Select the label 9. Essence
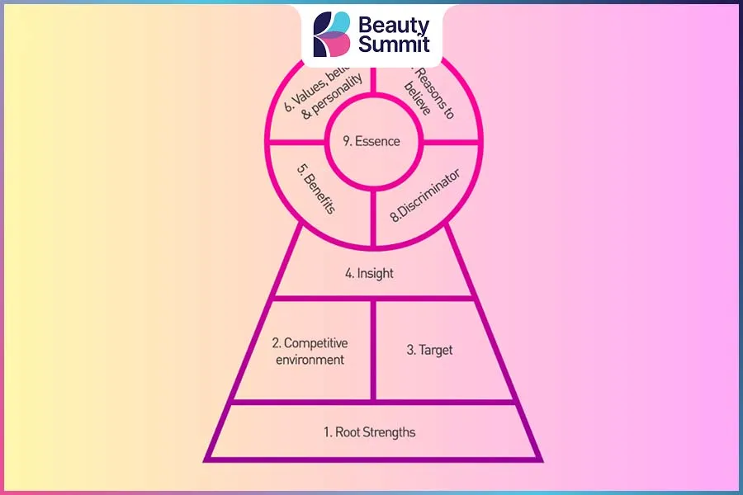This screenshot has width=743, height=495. point(371,141)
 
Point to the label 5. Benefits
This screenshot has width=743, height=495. point(316,191)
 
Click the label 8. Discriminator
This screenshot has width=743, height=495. point(424,196)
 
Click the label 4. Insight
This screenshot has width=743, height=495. point(370,273)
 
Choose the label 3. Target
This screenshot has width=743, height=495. point(430,350)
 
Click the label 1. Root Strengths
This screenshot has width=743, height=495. point(370,431)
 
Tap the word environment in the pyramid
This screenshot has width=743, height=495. point(309,360)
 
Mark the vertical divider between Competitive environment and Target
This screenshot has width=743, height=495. point(373,351)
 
